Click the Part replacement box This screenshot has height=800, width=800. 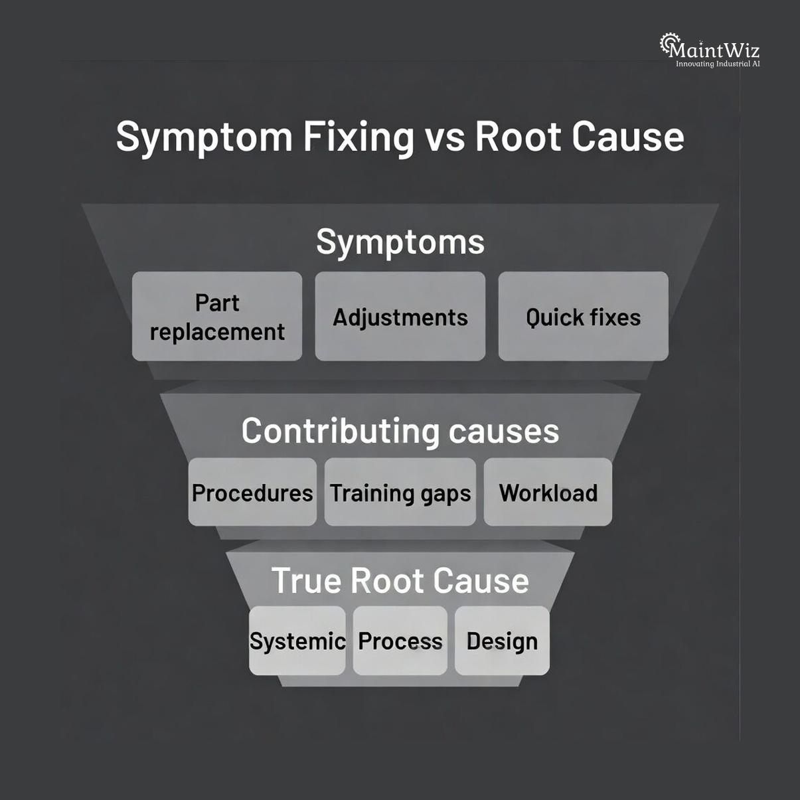pos(217,317)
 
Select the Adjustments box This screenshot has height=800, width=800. pos(400,317)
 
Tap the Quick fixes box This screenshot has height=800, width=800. pos(583,317)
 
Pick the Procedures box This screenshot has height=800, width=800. pos(252,493)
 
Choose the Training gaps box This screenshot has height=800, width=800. pos(400,493)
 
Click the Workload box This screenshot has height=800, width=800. pos(548,493)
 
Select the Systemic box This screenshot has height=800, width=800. pos(297,641)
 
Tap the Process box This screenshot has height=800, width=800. pos(400,641)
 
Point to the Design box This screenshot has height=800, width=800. pos(502,641)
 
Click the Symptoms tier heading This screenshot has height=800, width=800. pos(400,242)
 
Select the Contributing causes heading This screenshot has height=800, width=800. pos(400,431)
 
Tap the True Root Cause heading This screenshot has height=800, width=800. pos(400,580)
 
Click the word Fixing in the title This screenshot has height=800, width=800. pos(359,137)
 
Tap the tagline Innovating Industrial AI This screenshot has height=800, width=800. pos(718,64)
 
